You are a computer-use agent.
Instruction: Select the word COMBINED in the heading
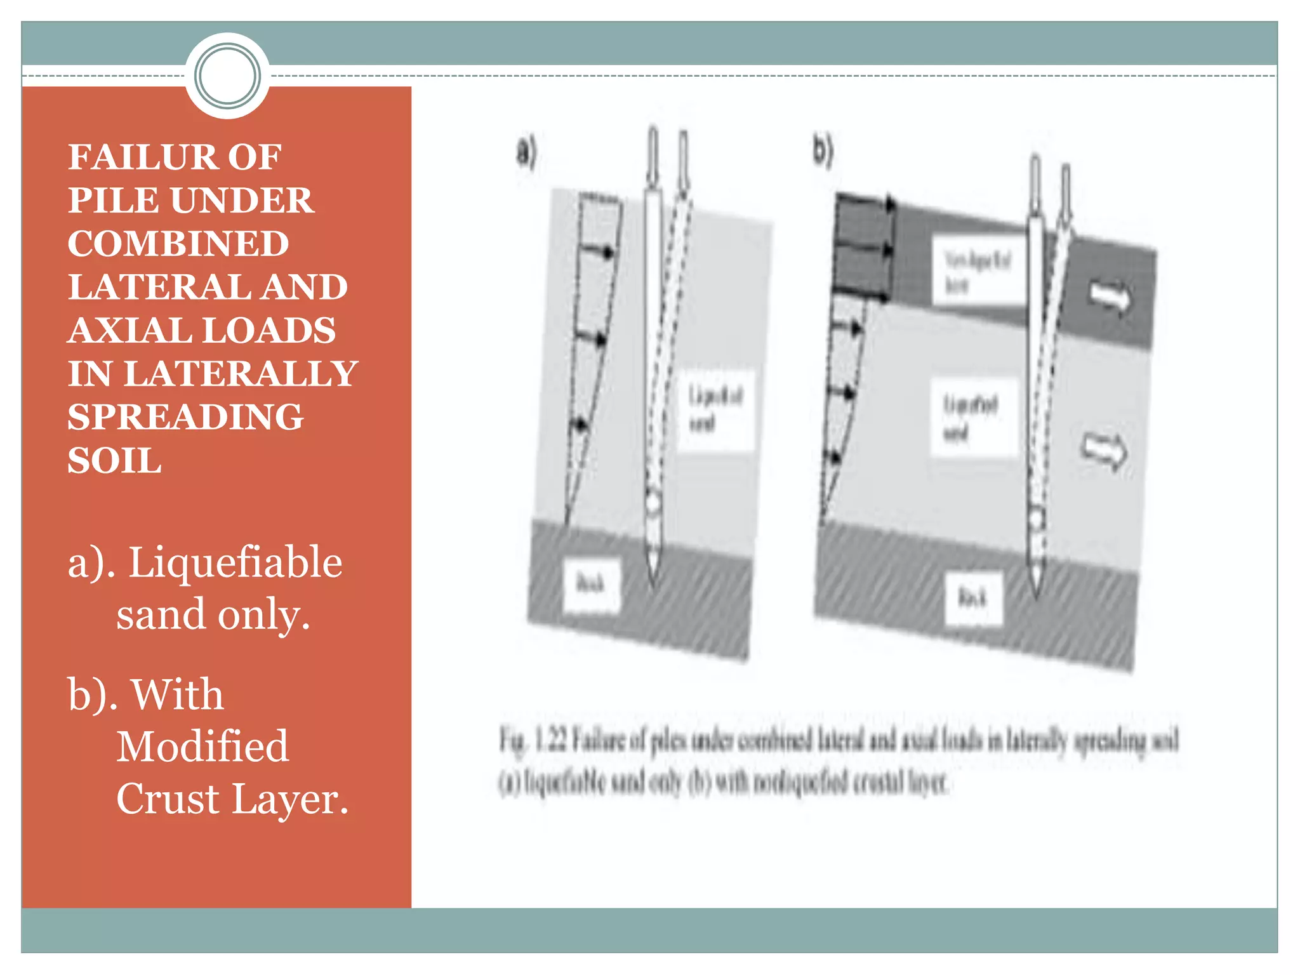[178, 244]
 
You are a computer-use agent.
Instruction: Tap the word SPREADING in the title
[185, 417]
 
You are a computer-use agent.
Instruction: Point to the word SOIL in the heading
[114, 460]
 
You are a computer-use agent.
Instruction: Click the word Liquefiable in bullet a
[235, 562]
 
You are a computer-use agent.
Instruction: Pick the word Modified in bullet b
[202, 746]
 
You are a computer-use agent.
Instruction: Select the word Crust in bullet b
[168, 799]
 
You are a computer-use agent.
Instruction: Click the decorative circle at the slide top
[227, 76]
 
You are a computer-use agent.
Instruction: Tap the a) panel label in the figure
[526, 152]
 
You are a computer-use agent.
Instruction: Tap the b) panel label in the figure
[823, 151]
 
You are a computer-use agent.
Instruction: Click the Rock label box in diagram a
[591, 585]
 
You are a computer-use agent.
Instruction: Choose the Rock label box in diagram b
[972, 598]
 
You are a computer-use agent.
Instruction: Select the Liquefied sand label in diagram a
[715, 409]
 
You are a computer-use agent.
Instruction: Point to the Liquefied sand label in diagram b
[971, 417]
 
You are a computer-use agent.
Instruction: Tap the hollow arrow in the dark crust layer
[1110, 295]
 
